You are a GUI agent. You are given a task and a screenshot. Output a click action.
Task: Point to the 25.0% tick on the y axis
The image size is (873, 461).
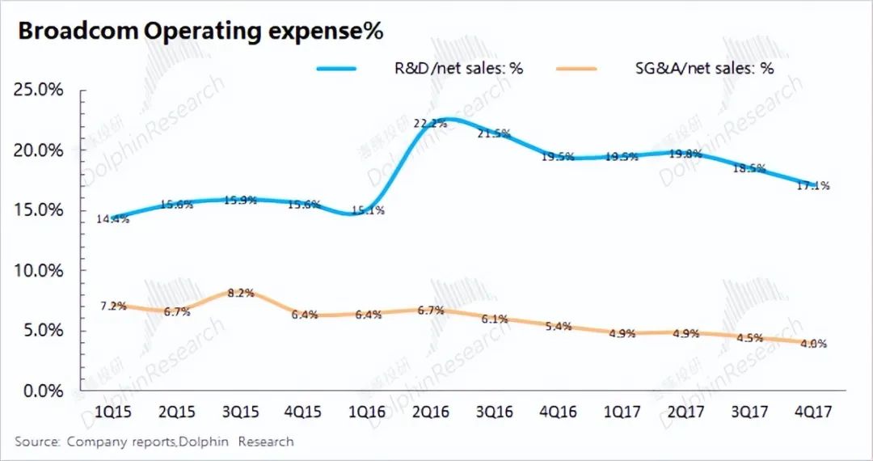point(40,90)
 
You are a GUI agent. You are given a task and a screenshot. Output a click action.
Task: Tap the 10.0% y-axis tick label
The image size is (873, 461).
point(40,270)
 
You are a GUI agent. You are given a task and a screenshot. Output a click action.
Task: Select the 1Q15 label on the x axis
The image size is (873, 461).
point(112,412)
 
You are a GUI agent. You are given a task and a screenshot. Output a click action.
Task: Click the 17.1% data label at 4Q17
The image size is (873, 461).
point(810,186)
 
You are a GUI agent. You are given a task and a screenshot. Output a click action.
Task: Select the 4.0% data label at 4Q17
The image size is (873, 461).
point(812,343)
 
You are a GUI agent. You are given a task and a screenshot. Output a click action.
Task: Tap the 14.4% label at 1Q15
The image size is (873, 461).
point(113,219)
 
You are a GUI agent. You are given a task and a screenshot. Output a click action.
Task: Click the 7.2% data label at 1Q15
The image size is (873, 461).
point(113,307)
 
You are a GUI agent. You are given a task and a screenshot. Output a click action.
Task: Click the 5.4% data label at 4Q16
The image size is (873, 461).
point(558,326)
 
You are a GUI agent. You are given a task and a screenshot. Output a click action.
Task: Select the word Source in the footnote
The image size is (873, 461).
point(36,442)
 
